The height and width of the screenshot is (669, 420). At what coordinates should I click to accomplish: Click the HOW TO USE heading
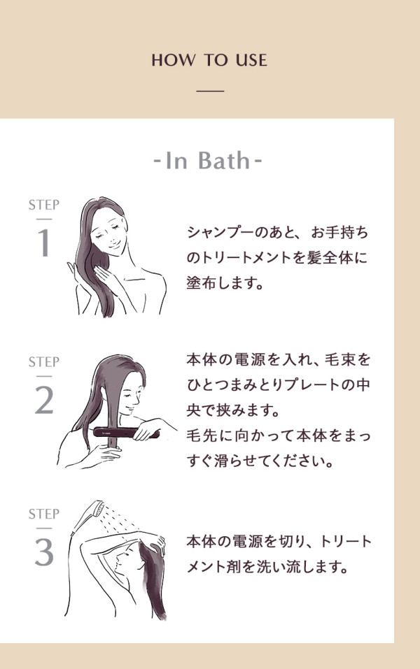coord(209,60)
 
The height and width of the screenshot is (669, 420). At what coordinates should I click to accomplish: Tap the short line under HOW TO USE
coord(210,91)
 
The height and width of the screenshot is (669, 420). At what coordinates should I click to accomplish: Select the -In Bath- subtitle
coord(208,161)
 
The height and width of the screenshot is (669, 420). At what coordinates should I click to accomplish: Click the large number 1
coord(43,243)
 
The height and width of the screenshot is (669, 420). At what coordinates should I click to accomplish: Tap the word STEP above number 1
coord(43,205)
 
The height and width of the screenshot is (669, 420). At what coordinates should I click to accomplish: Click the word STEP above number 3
coord(43,514)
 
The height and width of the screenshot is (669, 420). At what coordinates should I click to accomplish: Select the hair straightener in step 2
coord(127,433)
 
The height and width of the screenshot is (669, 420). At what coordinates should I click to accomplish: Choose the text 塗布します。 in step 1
coord(225,283)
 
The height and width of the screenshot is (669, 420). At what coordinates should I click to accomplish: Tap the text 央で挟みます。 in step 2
coord(233,410)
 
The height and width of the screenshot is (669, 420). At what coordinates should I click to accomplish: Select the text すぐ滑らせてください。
coord(260,461)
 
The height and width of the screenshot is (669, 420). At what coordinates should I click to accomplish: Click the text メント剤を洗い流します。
coord(267,567)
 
